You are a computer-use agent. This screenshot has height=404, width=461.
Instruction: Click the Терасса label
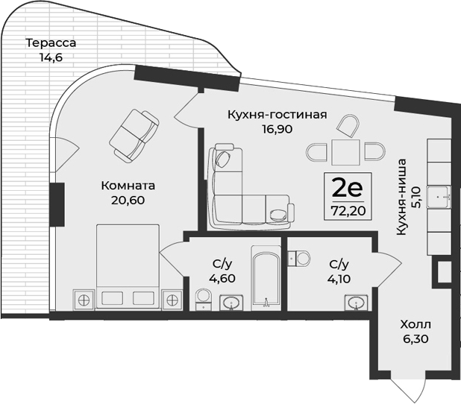click(50, 42)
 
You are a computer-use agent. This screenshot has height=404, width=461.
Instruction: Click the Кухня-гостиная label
click(277, 115)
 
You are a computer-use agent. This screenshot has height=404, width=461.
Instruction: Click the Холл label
click(415, 325)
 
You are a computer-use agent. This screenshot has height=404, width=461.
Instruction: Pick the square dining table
click(345, 154)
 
